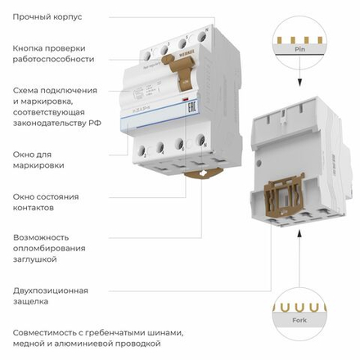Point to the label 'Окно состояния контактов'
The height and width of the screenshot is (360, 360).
point(46,201)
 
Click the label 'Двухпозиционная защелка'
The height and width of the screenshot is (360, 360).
point(50,295)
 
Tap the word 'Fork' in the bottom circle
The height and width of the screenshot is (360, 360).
point(299,319)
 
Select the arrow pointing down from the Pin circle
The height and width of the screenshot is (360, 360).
point(300,80)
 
